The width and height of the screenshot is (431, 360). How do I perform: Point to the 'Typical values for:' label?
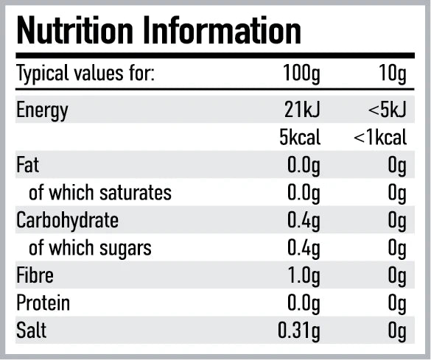point(85,74)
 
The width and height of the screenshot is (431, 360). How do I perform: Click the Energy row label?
point(42,110)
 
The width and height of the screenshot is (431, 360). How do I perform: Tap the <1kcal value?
point(379,138)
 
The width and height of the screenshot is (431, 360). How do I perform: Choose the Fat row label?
point(27,165)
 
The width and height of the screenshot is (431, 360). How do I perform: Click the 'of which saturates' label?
point(99,193)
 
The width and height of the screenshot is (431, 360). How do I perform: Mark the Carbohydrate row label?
point(67,220)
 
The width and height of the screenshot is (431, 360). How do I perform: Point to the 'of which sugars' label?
point(90,248)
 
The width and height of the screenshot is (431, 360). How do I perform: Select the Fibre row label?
point(33,275)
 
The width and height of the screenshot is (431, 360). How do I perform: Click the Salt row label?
point(31,331)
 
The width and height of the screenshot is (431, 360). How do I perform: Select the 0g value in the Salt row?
point(397,331)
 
